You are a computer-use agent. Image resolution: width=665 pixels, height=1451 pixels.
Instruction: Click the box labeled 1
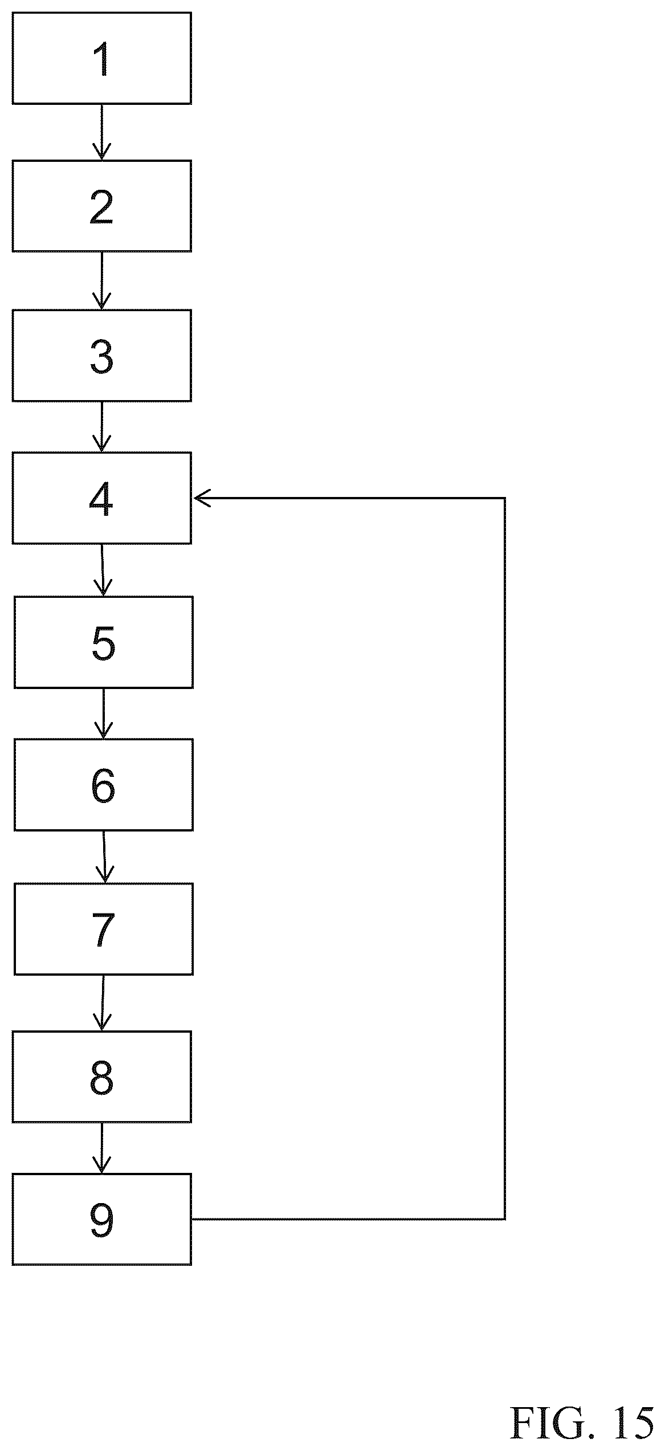tap(101, 58)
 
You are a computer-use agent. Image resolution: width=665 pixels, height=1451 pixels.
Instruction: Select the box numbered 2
tap(101, 206)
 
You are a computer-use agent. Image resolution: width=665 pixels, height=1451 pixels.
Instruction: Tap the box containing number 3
tap(101, 355)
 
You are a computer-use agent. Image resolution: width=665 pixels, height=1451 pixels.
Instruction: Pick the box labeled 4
tap(101, 498)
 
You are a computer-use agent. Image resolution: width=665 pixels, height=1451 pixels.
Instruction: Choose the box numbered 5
tap(103, 642)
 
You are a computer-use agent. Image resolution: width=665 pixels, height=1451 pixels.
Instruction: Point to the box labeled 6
tap(103, 785)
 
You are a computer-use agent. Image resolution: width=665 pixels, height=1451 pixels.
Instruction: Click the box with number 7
tap(103, 929)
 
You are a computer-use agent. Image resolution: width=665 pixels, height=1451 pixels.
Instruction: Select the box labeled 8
tap(101, 1077)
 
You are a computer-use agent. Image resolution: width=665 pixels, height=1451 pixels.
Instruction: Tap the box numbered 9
tap(101, 1220)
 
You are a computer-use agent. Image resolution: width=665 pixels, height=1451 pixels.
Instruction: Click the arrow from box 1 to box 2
tap(101, 132)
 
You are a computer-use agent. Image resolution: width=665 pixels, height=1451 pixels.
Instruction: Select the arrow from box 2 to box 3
tap(101, 280)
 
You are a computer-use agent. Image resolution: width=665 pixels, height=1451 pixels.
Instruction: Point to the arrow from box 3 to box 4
tap(101, 426)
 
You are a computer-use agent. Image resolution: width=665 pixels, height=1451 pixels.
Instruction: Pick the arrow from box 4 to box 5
tap(103, 570)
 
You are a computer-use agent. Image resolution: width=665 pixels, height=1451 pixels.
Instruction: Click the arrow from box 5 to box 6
tap(103, 714)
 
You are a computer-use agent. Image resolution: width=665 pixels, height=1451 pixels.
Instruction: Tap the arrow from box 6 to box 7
tap(104, 857)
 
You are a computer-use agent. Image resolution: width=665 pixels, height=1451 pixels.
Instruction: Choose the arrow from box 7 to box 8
tap(103, 1003)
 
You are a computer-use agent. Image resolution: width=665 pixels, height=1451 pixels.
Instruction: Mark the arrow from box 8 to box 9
tap(101, 1148)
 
